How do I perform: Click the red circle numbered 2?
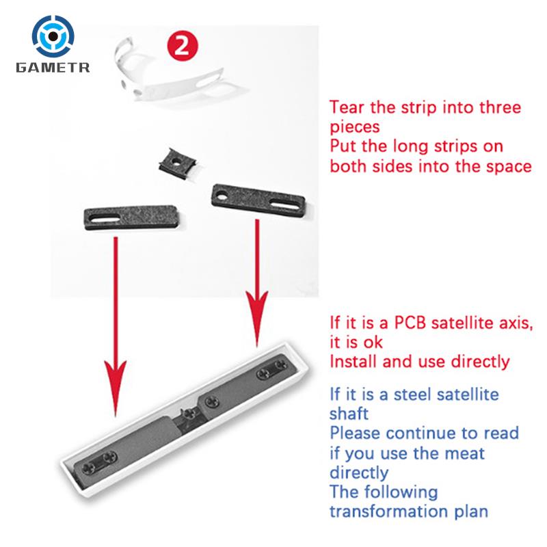click(x=182, y=46)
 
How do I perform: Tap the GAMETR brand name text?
click(x=53, y=67)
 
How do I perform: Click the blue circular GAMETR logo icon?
click(x=53, y=36)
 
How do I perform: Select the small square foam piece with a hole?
click(x=177, y=163)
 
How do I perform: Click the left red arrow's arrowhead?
click(x=116, y=387)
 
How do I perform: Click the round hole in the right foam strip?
click(x=222, y=196)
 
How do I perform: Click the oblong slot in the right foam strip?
click(x=284, y=204)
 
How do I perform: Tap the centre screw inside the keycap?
click(x=189, y=414)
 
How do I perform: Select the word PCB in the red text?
click(x=410, y=323)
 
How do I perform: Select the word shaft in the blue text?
click(x=349, y=414)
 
